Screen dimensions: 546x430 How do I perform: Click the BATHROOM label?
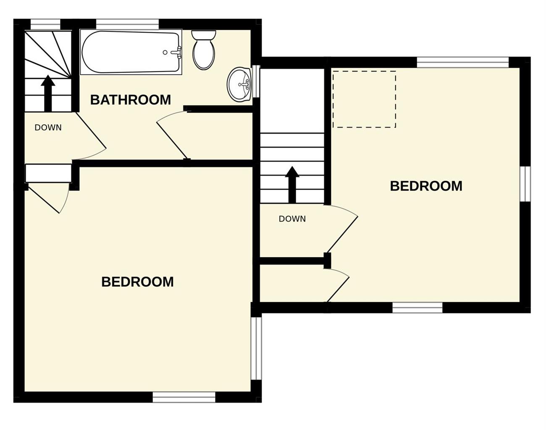[131, 100]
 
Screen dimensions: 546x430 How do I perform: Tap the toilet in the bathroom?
[204, 50]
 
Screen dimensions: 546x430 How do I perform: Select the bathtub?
[131, 52]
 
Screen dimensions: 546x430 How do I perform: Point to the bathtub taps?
[176, 52]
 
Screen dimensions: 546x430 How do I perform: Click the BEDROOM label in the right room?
[426, 186]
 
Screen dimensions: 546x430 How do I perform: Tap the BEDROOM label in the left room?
[137, 282]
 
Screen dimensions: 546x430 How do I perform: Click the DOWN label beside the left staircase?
[48, 128]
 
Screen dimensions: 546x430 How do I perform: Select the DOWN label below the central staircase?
[292, 219]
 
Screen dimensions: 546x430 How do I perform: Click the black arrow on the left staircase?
[48, 93]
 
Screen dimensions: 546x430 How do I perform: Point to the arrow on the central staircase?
[292, 185]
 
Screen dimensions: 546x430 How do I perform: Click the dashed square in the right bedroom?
[364, 99]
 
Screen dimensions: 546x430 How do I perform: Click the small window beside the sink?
[257, 81]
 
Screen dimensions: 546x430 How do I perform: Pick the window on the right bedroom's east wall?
[525, 184]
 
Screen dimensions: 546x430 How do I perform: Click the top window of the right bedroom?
[463, 63]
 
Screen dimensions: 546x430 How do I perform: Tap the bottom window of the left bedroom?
[184, 397]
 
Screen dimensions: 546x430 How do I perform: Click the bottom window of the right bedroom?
[417, 308]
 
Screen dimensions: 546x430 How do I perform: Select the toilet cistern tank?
[204, 35]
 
